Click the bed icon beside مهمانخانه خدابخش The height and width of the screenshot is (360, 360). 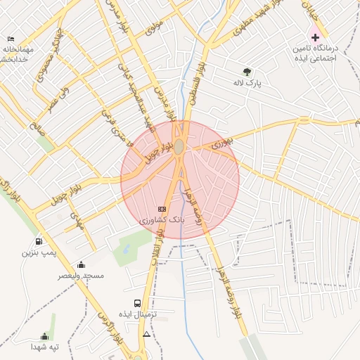click(x=11, y=39)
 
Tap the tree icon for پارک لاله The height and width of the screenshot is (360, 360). click(x=247, y=71)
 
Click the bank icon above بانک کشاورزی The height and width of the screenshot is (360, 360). click(x=162, y=209)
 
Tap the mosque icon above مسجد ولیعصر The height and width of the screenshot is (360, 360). click(x=82, y=264)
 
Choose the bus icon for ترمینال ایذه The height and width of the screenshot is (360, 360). click(x=137, y=304)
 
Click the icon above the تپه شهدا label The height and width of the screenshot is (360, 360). click(x=44, y=337)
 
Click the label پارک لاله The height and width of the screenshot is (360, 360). click(x=247, y=83)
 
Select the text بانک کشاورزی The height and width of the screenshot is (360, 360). click(x=162, y=221)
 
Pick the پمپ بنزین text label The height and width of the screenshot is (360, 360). click(x=38, y=251)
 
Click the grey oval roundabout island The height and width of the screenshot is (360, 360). click(x=179, y=146)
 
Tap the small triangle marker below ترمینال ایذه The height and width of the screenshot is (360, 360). click(x=146, y=334)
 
